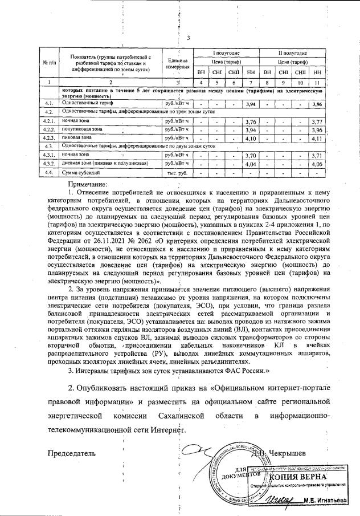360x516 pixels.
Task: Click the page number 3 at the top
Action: pyautogui.click(x=188, y=38)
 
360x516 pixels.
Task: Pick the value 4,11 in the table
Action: pyautogui.click(x=317, y=138)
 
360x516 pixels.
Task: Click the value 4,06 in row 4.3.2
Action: pyautogui.click(x=317, y=164)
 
